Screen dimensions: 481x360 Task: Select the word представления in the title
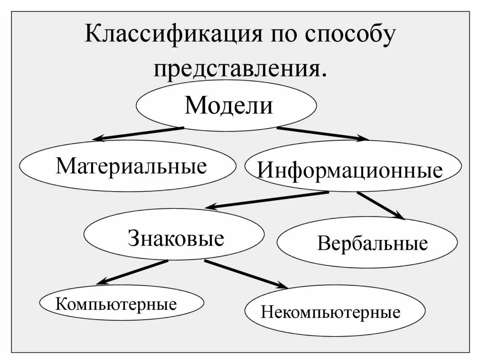coord(239,69)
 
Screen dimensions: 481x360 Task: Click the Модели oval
coord(226,106)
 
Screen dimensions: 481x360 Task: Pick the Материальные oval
coord(128,166)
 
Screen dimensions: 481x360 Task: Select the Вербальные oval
coord(367,243)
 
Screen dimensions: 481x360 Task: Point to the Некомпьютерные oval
coord(334,311)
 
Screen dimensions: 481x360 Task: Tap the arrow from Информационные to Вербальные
coord(380,205)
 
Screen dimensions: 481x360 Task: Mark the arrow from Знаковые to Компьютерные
coord(132,272)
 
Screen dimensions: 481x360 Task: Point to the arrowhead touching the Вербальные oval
coord(399,216)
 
